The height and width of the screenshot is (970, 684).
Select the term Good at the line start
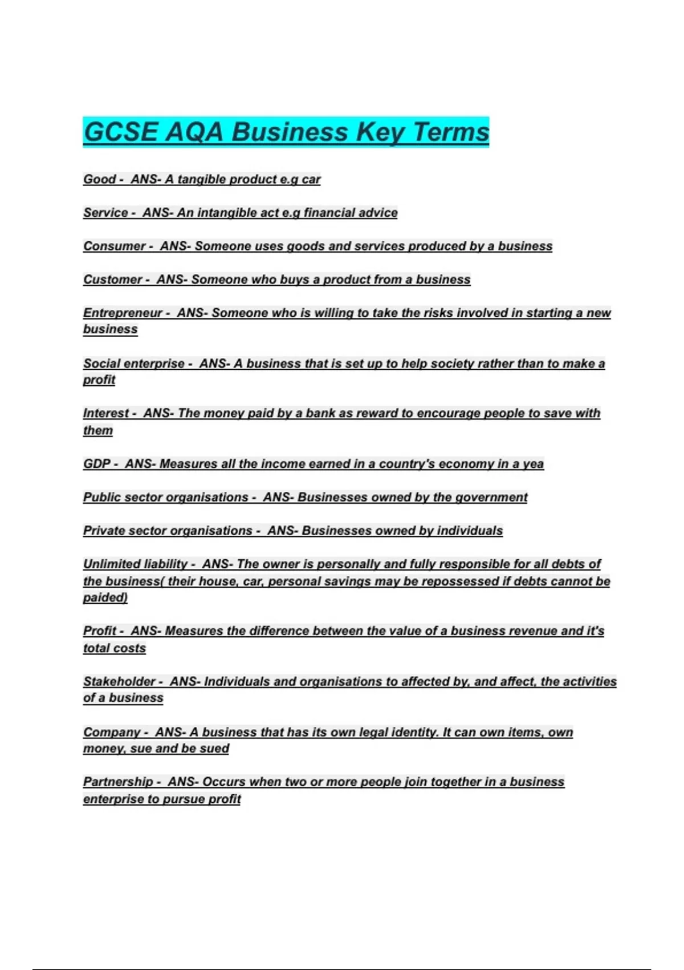99,179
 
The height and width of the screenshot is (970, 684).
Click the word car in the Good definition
311,179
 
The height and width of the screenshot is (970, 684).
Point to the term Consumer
114,246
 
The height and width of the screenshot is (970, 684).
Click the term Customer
112,280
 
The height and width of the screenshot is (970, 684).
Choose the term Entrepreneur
123,313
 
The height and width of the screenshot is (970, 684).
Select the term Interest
106,413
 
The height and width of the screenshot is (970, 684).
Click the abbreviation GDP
96,464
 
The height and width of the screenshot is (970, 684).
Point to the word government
491,497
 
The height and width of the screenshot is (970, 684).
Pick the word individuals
470,531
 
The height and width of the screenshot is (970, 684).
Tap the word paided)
105,597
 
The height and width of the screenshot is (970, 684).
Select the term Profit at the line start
100,631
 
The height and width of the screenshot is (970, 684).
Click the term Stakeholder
119,681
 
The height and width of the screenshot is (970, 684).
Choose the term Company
112,732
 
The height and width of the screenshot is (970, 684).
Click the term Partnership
118,782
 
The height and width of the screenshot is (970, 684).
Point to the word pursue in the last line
184,799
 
